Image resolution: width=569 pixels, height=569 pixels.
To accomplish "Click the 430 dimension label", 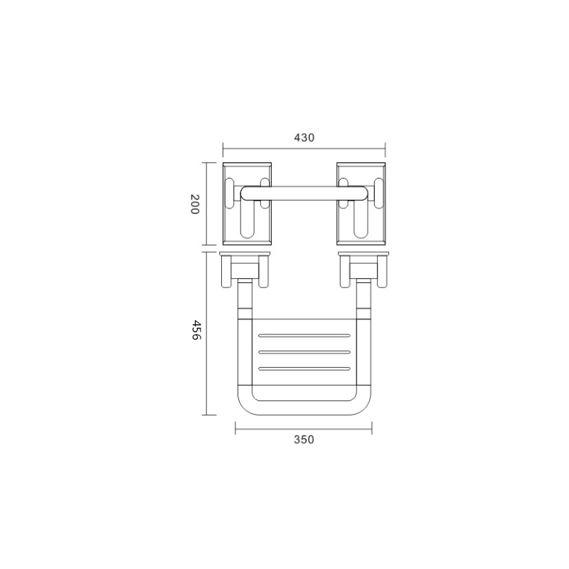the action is coord(304,137).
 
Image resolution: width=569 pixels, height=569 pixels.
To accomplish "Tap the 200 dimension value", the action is coord(195,204).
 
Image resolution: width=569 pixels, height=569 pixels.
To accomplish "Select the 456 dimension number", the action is coord(196,329).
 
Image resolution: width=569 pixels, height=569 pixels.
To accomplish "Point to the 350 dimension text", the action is coord(304,440).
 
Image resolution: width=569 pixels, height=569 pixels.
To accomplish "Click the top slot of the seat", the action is coord(304,336).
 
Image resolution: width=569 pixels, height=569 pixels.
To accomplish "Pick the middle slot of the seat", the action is coord(304,352).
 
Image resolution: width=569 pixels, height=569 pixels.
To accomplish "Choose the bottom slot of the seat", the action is coord(304,368).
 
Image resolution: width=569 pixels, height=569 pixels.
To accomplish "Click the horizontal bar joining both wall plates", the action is coord(304,193).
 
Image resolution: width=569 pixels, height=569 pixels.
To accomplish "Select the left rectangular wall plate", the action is coord(247,203).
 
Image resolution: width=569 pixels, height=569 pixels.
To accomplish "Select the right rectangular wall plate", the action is coord(361,203).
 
